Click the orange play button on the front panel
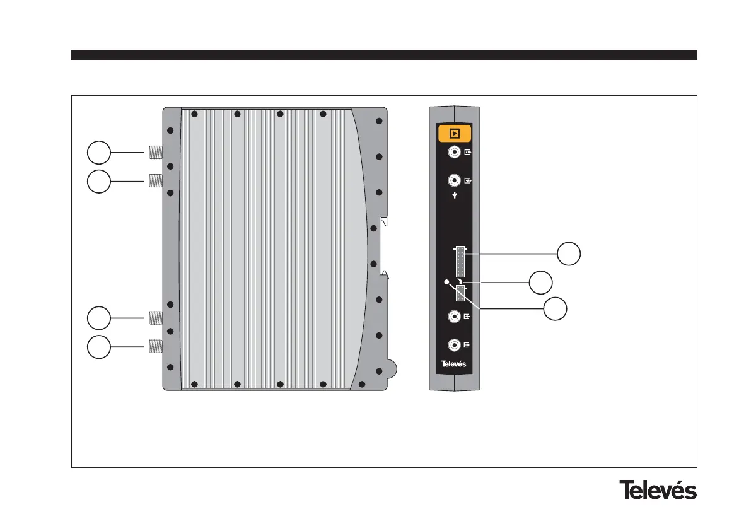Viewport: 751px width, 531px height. tap(454, 133)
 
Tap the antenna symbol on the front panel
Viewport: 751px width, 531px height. tap(454, 195)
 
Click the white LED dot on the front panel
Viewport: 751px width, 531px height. tap(447, 282)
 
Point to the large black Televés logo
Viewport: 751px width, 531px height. tap(658, 490)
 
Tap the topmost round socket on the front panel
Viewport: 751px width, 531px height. tap(453, 152)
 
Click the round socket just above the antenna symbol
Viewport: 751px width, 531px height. tap(453, 180)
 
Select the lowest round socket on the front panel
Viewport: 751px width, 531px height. tap(453, 345)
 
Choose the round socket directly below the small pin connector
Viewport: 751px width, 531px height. tap(453, 317)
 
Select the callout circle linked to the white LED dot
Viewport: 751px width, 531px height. tap(555, 309)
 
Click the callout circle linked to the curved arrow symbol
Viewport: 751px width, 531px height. tap(540, 282)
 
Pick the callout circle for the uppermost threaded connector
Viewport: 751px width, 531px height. tap(98, 152)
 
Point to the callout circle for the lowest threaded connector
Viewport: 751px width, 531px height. tap(98, 347)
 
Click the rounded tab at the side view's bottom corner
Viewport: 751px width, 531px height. tap(391, 367)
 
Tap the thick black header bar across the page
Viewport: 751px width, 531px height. tap(383, 55)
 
